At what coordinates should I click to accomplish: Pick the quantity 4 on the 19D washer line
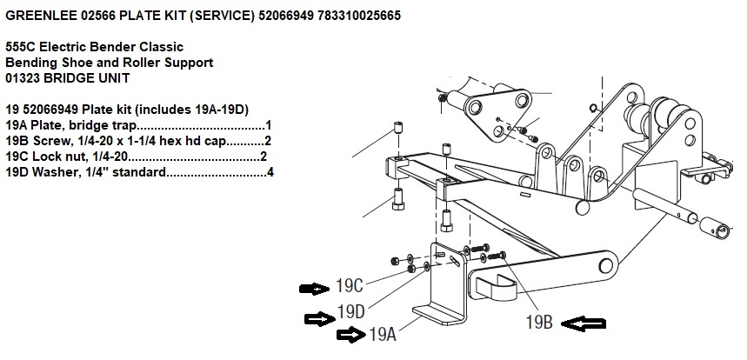[x=270, y=172]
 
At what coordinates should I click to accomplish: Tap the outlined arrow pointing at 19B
[x=583, y=324]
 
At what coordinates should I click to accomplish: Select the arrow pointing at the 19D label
[x=317, y=318]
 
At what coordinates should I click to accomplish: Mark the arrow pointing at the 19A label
[x=351, y=335]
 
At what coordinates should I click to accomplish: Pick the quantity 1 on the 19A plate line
[x=269, y=125]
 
